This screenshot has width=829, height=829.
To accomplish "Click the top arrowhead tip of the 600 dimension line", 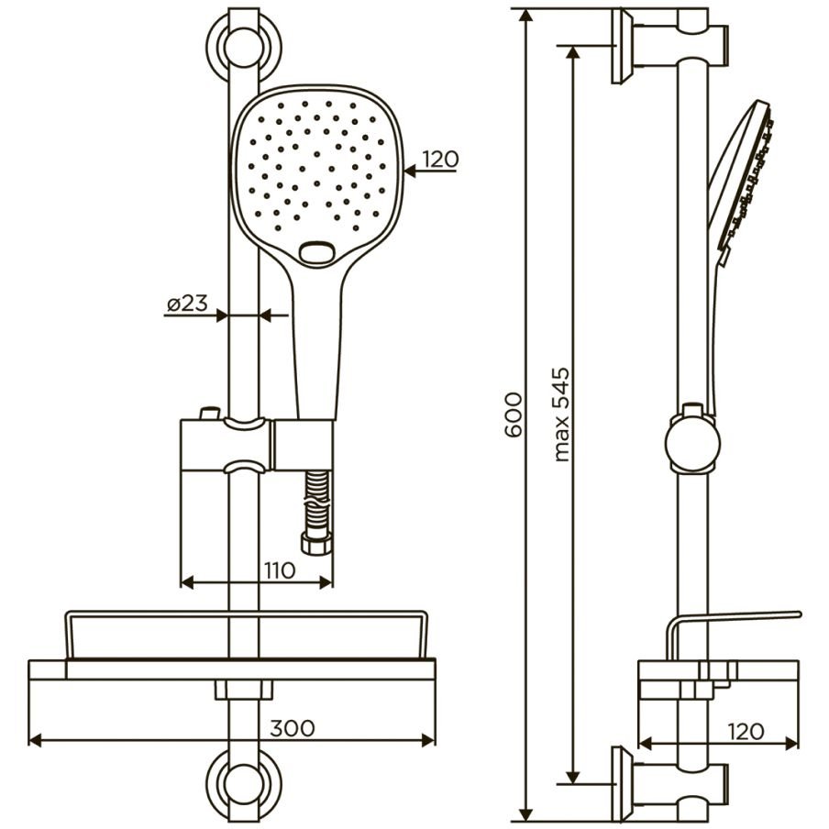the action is tap(525, 9).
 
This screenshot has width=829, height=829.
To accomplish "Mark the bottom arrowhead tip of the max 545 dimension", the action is tap(572, 784).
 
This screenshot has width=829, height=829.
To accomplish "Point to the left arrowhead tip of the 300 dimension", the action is tap(28, 740).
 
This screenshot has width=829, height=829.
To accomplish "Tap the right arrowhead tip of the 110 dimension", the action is tap(333, 582).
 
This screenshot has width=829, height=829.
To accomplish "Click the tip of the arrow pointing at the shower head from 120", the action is tap(403, 171).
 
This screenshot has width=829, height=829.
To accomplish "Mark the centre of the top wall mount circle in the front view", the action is tap(243, 47).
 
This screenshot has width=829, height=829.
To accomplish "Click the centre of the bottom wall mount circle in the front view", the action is tap(243, 785).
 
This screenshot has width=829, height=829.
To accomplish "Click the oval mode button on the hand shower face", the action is tap(316, 251).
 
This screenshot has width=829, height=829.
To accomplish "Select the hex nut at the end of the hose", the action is tap(316, 544).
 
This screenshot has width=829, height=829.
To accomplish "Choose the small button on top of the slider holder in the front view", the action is tap(210, 413).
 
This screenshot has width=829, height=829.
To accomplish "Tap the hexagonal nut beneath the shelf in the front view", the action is tap(244, 690).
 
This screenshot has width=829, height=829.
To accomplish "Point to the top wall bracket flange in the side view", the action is tap(623, 47).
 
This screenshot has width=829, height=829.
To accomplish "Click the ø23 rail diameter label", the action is tap(187, 304).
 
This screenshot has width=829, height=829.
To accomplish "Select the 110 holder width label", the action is tap(280, 570).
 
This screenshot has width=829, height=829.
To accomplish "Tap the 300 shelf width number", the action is tap(293, 728).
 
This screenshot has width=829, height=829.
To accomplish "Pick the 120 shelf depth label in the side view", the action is tap(746, 731).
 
